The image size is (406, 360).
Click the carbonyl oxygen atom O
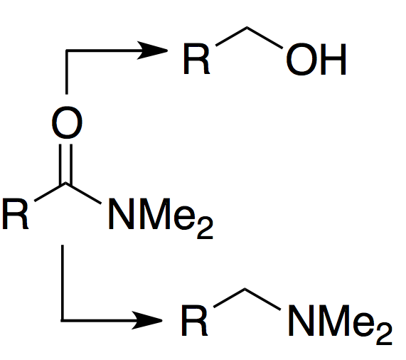(67, 122)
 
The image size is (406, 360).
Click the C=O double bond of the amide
(65, 164)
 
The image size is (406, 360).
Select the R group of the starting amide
(15, 214)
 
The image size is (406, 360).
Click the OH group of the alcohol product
(316, 59)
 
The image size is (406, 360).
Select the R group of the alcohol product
(196, 59)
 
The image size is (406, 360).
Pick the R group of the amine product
(194, 320)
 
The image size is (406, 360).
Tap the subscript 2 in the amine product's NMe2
(384, 334)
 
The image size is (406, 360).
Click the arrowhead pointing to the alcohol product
(152, 51)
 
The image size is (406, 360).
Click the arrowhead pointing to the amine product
(147, 320)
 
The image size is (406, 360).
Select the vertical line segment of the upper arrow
(67, 72)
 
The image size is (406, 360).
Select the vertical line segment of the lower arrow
(63, 283)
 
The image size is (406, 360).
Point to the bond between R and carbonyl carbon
(50, 192)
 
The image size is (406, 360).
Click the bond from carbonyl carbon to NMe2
(83, 194)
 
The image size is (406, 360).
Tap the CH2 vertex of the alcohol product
(247, 27)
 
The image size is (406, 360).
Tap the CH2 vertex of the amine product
(245, 289)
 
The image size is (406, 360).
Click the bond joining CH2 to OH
(265, 38)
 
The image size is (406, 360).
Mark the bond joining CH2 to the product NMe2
(262, 299)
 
